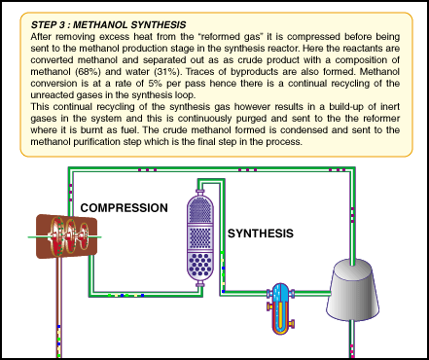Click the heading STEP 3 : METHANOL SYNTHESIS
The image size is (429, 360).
[x=108, y=25]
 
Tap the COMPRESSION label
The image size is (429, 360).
[x=124, y=208]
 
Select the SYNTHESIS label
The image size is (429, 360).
[x=261, y=234]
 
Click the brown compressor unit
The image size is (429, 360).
[x=66, y=236]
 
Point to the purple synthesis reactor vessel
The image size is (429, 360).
[x=200, y=238]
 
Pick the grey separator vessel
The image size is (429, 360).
[x=352, y=290]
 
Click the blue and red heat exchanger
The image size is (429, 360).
[x=280, y=308]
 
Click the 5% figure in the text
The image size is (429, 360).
[x=156, y=84]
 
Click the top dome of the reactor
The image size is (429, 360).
[x=200, y=208]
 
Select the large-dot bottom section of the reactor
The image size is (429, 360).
[x=200, y=265]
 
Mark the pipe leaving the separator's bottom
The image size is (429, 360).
[x=351, y=339]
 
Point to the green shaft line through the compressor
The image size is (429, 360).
[x=64, y=237]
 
